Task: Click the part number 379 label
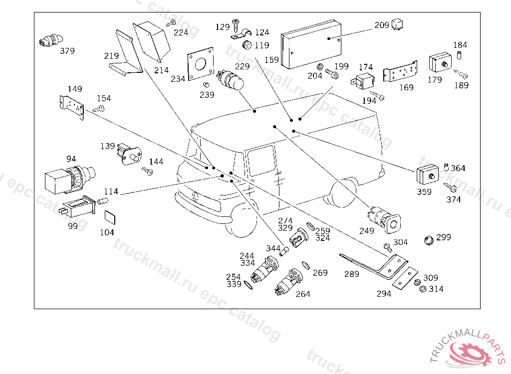67,51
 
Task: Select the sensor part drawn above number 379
50,40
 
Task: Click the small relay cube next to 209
397,24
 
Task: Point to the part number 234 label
178,78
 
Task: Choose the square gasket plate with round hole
201,63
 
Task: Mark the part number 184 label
460,45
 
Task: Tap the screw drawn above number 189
461,74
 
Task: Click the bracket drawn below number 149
72,107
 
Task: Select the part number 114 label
111,191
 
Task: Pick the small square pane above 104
110,217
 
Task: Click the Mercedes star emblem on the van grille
196,196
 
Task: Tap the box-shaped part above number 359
428,175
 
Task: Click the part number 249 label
367,231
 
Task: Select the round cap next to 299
429,240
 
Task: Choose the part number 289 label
352,274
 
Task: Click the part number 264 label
303,294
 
